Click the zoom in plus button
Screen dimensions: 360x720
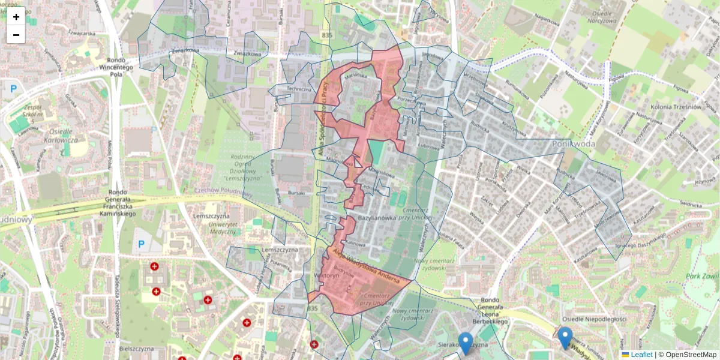coord(16,16)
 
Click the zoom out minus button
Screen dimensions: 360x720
coord(16,35)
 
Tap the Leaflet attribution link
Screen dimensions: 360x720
coord(641,355)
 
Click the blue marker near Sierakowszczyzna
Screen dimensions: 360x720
coord(465,343)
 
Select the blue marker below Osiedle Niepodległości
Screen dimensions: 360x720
coord(565,337)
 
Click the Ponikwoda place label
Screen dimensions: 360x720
coord(573,144)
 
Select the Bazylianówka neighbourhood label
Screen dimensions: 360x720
coord(379,217)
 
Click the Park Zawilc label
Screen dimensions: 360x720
coord(703,277)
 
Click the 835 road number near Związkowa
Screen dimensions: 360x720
coord(326,37)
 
